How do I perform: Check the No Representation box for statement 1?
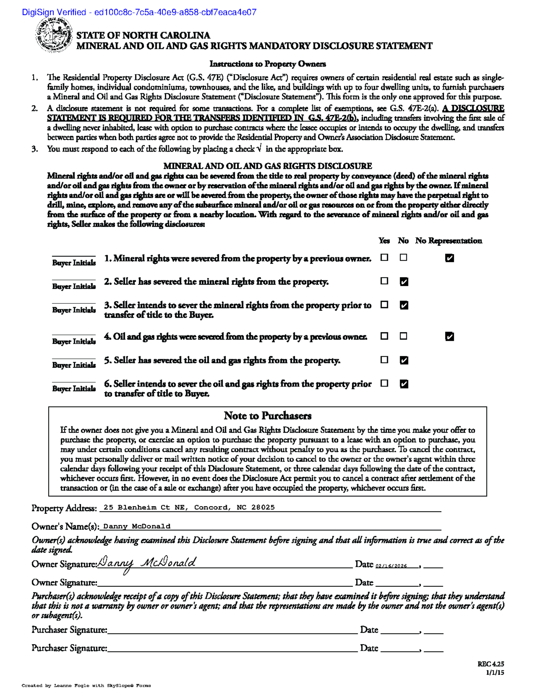point(449,258)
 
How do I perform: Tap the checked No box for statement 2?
point(404,282)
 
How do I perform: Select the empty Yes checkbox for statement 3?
point(385,305)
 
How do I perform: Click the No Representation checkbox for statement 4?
point(449,336)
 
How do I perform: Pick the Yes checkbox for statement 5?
point(385,360)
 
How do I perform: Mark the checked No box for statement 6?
point(404,384)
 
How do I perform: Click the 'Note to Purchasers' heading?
point(267,416)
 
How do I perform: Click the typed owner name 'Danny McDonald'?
point(137,526)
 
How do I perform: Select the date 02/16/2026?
point(391,566)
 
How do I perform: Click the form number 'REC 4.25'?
point(491,664)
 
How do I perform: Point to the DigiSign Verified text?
point(139,12)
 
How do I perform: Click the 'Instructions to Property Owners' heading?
point(267,64)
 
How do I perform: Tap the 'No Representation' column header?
point(448,241)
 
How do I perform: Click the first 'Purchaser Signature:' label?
point(69,630)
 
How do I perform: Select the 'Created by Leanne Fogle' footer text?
point(86,686)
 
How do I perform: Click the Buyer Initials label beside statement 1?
point(74,263)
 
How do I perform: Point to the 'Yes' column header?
point(384,241)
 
